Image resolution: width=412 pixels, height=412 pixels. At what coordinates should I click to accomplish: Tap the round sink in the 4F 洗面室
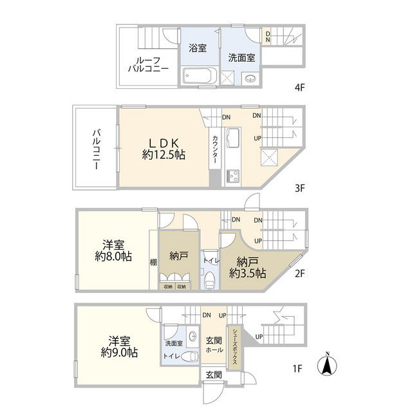(250, 79)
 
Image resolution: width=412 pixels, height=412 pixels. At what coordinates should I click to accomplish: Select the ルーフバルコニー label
(148, 63)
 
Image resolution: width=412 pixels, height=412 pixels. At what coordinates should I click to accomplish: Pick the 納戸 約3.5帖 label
(247, 267)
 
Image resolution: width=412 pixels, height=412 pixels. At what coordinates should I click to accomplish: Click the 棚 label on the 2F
(153, 262)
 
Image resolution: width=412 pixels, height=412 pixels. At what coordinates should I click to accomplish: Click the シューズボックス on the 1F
(236, 348)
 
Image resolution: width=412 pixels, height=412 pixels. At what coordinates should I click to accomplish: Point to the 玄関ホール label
(214, 345)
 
